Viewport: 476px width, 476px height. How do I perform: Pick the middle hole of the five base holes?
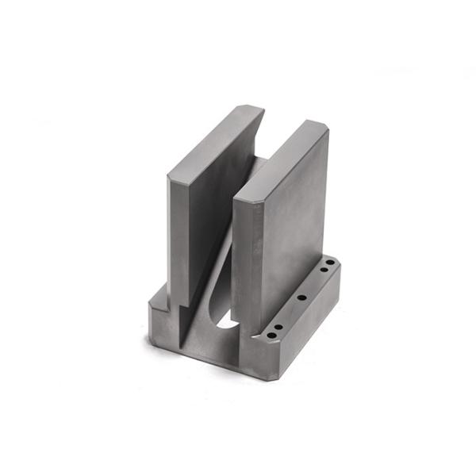(x=301, y=298)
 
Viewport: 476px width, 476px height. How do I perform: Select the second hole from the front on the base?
(x=278, y=326)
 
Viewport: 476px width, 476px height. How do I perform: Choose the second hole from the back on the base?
(x=324, y=272)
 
